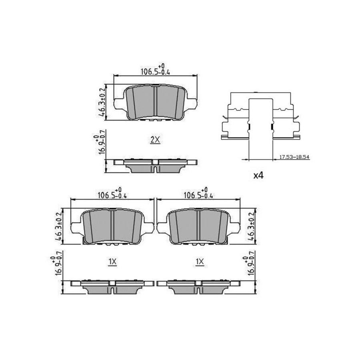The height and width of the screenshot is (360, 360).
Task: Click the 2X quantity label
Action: click(x=155, y=140)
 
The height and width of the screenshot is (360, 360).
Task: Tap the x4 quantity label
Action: click(x=258, y=176)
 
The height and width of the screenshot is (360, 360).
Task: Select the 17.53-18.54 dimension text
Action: click(x=294, y=157)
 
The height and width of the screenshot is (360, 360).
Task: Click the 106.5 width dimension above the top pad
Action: click(x=155, y=70)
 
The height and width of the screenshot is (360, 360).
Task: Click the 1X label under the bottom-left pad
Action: click(x=112, y=262)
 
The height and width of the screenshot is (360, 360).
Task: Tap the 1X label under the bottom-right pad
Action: click(x=200, y=262)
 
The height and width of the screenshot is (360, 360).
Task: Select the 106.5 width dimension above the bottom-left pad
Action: click(x=112, y=193)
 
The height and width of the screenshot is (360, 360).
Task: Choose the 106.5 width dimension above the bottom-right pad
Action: click(x=198, y=193)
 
